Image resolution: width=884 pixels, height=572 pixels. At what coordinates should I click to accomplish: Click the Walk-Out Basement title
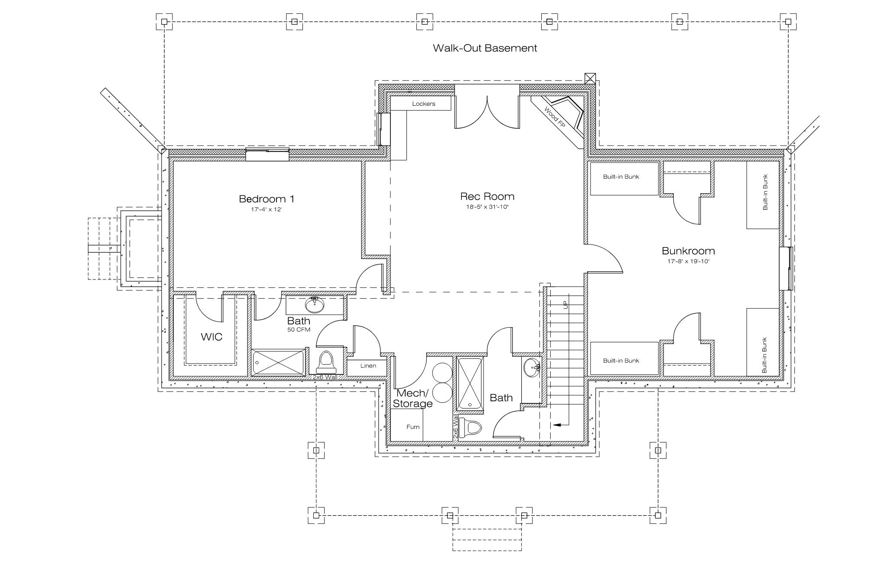coord(485,48)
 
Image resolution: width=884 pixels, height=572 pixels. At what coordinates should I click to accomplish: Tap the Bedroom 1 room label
coord(266,199)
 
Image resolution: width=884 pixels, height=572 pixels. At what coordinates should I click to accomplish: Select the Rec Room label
coord(487,196)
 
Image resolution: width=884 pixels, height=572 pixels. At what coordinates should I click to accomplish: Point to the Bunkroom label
coord(688,251)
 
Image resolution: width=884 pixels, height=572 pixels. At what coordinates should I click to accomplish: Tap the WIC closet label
coord(211,337)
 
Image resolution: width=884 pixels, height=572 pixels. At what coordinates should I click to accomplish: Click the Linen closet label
coord(368,366)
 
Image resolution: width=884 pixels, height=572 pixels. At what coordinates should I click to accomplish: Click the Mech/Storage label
coord(413,399)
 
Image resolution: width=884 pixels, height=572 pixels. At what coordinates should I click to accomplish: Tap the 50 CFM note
coord(299,330)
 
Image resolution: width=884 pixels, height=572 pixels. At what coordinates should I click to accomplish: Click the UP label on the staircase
coord(565,305)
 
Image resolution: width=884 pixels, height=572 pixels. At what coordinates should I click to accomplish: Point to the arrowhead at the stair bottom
coord(556,425)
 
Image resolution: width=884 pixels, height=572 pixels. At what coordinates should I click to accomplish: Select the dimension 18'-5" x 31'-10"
coord(487,207)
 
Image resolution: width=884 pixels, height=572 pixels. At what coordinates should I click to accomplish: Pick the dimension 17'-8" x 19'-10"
coord(688,261)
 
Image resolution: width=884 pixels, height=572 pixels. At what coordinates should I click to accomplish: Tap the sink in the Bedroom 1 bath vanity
coord(314,305)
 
